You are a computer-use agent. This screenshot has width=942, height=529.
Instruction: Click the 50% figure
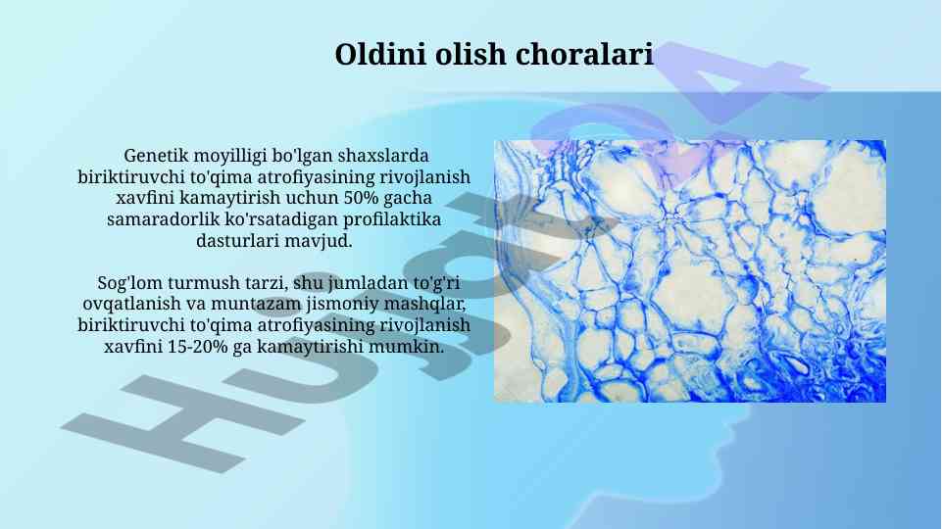click(361, 198)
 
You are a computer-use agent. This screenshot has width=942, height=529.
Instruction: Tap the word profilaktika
click(392, 220)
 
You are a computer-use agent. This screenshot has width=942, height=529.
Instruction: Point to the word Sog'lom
click(129, 283)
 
